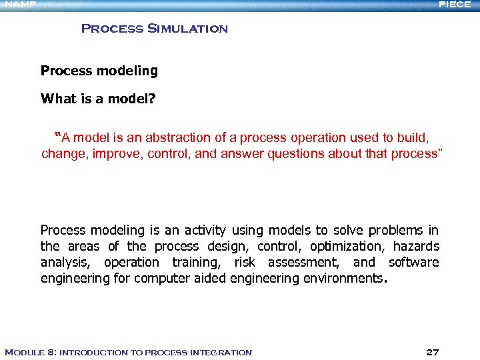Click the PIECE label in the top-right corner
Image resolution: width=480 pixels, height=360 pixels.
click(x=455, y=5)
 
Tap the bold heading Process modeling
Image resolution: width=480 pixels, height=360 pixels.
click(x=99, y=71)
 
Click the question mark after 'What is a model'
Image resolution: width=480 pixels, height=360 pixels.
click(x=153, y=99)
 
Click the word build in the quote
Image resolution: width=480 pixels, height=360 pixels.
click(x=413, y=138)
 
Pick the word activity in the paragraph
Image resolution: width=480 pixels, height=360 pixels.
click(x=203, y=231)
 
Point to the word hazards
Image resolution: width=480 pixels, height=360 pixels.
click(x=416, y=247)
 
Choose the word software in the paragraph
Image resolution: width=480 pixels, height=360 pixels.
click(x=414, y=263)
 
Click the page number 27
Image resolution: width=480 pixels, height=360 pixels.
click(x=432, y=352)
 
